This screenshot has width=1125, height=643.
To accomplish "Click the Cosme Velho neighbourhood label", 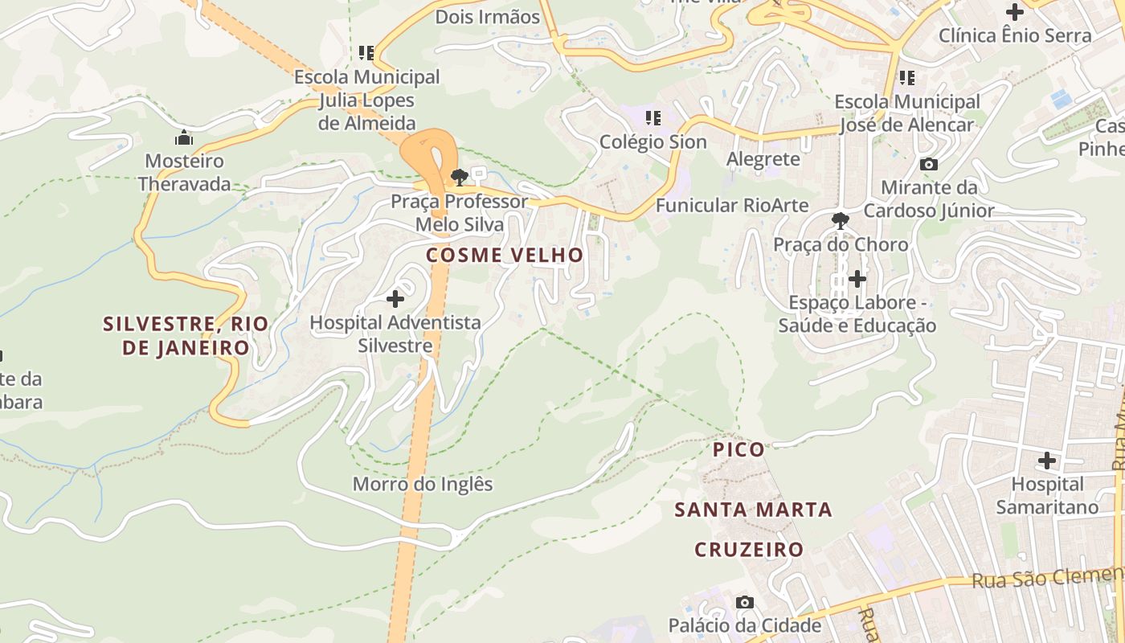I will pos(505,256).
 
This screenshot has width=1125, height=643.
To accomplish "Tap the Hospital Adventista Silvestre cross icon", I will pos(395,299).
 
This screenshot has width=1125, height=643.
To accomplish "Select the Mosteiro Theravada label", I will pos(184,172).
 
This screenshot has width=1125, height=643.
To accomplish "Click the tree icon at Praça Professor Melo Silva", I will pos(459,178).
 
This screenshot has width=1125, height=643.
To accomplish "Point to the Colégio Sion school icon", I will pos(653,118).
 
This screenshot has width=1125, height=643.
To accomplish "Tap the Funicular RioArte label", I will pos(732,206).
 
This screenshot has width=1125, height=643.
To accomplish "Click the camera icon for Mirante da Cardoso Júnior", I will pos(929,164).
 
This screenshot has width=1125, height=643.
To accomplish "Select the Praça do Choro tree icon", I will pos(841,220).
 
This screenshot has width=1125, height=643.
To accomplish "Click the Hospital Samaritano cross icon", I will pos(1046,461).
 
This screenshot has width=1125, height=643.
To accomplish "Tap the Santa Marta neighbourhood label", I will pos(753,510).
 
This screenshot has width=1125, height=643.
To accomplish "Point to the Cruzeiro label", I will pos(749,550).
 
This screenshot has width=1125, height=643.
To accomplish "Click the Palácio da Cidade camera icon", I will pos(745,602).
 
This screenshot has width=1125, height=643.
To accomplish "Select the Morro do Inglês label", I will pos(423,485).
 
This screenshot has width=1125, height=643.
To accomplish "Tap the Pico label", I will pos(739,449).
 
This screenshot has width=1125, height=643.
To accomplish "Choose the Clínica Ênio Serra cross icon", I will pos(1015,12).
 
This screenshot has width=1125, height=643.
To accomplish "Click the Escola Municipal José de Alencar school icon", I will pos(907,78).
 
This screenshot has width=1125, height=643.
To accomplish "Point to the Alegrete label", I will pos(763,159).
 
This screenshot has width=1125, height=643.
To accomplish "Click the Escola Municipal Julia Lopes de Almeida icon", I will pos(366,53).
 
